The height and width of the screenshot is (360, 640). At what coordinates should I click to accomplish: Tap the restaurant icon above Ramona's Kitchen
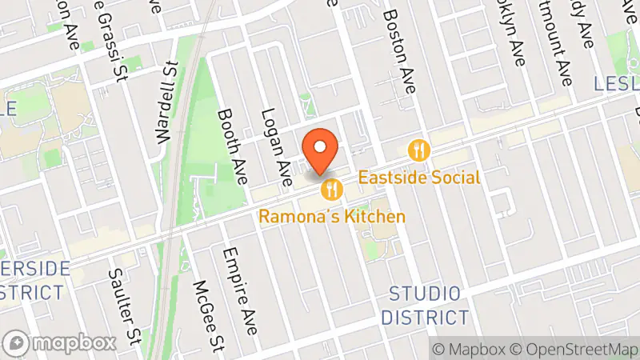(332, 190)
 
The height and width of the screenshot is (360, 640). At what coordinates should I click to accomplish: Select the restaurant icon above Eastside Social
(419, 150)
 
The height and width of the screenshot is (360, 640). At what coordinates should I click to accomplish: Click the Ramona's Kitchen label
(332, 217)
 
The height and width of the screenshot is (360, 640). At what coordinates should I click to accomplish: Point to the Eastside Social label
(419, 178)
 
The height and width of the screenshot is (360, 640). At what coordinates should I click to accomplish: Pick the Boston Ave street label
(399, 50)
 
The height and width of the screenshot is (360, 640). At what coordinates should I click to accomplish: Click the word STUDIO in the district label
(424, 293)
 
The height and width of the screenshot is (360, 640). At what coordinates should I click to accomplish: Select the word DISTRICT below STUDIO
(424, 317)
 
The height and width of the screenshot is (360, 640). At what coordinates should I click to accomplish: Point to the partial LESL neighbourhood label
(618, 84)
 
